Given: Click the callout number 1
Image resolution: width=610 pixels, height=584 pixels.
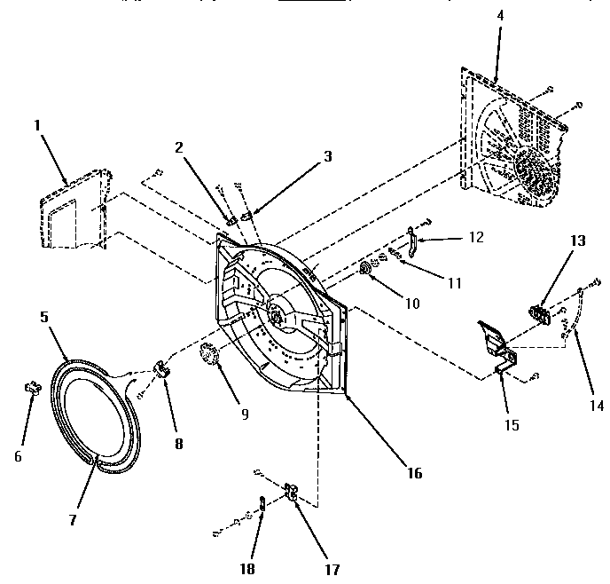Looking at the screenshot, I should (x=38, y=125).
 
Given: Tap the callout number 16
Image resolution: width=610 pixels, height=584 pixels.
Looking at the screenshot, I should (x=414, y=473).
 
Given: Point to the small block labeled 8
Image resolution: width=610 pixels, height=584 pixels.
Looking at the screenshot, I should (x=163, y=367).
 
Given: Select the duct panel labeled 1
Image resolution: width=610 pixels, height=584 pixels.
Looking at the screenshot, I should (x=75, y=213).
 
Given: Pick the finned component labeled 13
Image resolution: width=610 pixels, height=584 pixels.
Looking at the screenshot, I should (x=537, y=312).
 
